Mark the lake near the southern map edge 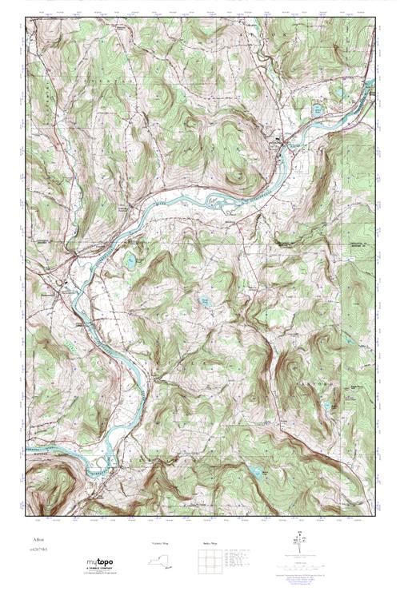coord(254,473)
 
